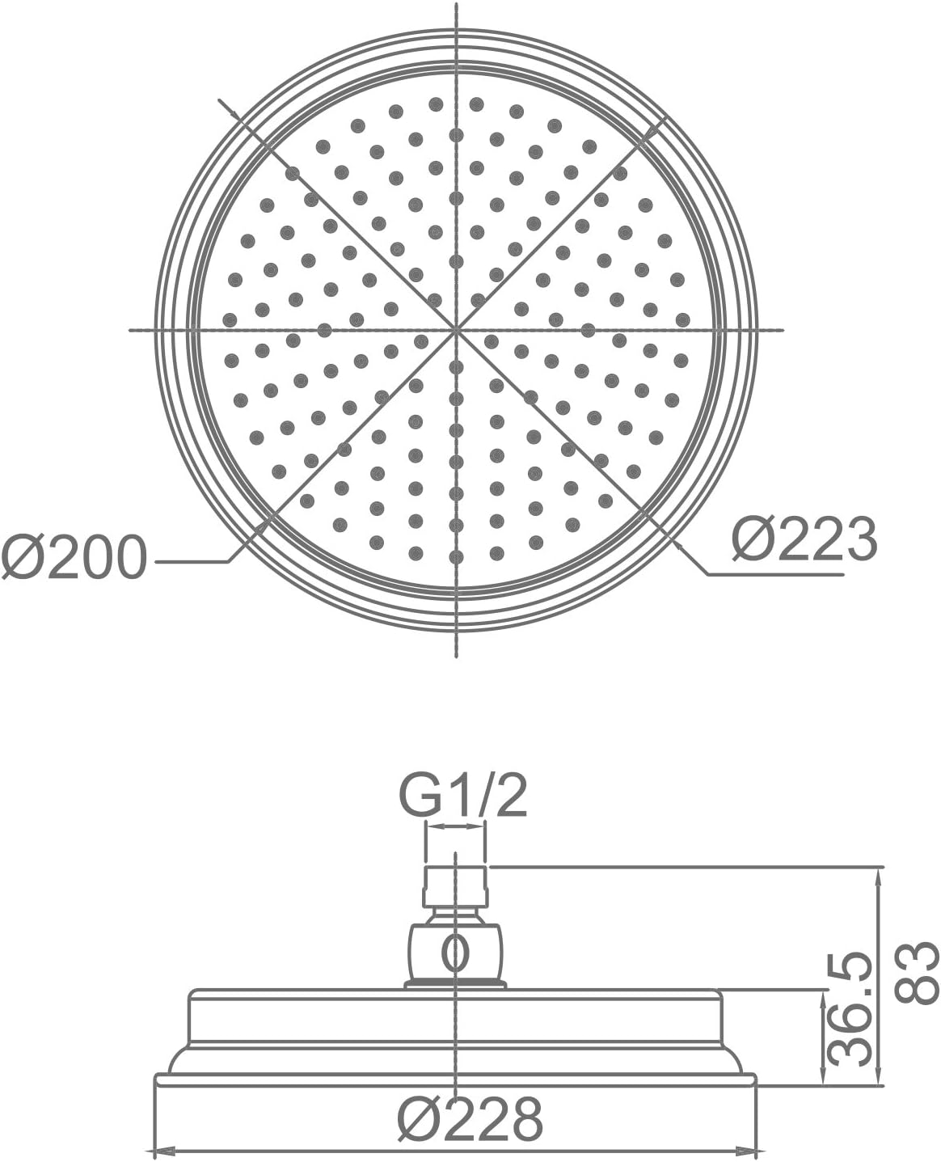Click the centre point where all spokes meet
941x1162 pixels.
click(x=456, y=330)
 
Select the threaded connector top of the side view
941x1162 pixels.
click(x=455, y=886)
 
